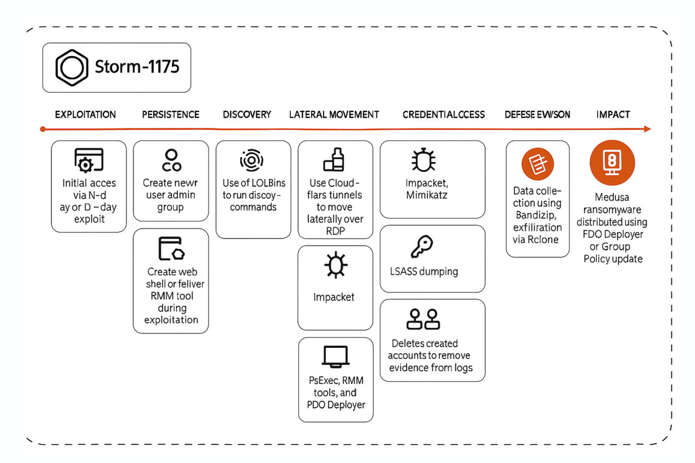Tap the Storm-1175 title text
click(137, 66)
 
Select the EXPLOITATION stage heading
click(85, 115)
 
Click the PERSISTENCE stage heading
click(171, 115)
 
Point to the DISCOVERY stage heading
click(247, 115)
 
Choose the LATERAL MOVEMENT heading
click(334, 115)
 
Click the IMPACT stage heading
click(613, 115)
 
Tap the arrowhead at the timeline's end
click(647, 129)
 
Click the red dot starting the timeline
click(42, 129)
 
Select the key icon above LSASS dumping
click(422, 247)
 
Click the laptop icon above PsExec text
click(335, 356)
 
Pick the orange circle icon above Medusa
click(612, 163)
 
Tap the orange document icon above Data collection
click(538, 164)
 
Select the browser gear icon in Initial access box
click(88, 160)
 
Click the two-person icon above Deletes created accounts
click(424, 320)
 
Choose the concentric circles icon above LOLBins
click(251, 161)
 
